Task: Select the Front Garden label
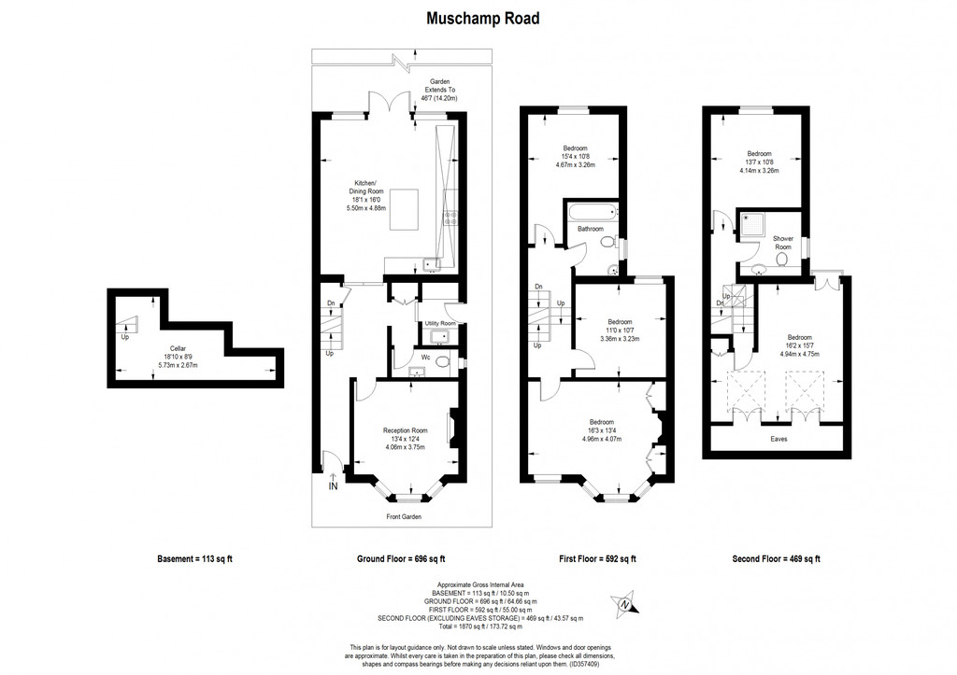pyautogui.click(x=405, y=516)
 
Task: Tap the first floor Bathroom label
pyautogui.click(x=590, y=229)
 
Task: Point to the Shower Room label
pyautogui.click(x=783, y=243)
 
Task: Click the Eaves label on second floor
pyautogui.click(x=778, y=438)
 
